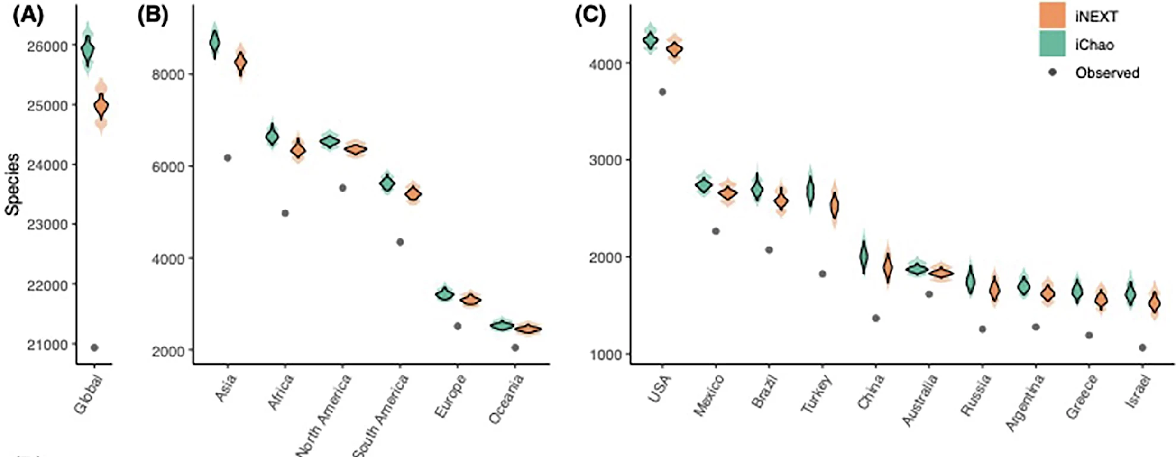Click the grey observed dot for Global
[94, 348]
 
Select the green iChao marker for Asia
[215, 43]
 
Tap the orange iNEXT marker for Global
[101, 106]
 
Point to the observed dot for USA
[662, 92]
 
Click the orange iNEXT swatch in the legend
[1052, 16]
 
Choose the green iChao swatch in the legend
[1052, 44]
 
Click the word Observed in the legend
[1107, 73]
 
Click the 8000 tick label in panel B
[168, 74]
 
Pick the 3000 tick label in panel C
[606, 160]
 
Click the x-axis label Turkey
[816, 393]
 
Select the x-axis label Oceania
[506, 399]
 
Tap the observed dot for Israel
[1142, 348]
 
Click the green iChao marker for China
[864, 256]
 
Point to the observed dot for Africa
[285, 213]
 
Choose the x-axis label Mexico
[709, 395]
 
